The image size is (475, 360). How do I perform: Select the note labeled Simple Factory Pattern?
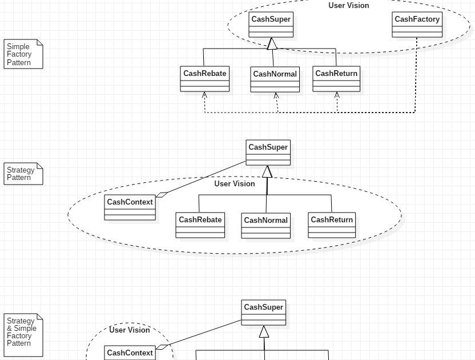click(x=23, y=54)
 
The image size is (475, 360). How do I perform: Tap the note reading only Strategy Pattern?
click(x=23, y=174)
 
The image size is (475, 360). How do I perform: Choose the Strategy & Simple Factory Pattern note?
click(x=23, y=335)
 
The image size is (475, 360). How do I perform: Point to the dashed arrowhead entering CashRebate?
click(x=204, y=95)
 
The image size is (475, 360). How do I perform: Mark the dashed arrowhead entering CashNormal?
click(x=276, y=96)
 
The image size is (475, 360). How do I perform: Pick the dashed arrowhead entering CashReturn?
click(x=337, y=95)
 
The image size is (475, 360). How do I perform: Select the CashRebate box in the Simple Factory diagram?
click(x=204, y=79)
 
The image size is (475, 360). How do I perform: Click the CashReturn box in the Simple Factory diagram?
click(x=336, y=79)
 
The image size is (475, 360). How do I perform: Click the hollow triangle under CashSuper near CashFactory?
click(x=272, y=44)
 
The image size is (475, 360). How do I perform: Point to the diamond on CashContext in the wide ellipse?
click(x=162, y=195)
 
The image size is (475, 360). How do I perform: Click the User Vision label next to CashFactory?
click(x=348, y=6)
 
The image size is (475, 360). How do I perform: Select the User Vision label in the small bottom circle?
click(x=129, y=330)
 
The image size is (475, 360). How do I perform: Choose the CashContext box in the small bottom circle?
click(x=130, y=353)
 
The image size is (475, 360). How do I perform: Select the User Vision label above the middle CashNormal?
click(x=234, y=184)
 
